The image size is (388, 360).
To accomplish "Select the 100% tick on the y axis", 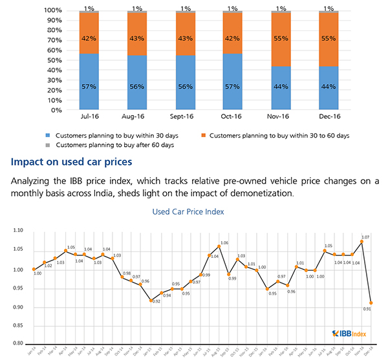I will [51, 11].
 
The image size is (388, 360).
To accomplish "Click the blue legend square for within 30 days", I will [47, 135].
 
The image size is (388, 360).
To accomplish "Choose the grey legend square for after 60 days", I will [47, 145].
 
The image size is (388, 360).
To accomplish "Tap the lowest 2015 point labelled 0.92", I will [151, 300].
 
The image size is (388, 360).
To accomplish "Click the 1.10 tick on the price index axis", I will [19, 230].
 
